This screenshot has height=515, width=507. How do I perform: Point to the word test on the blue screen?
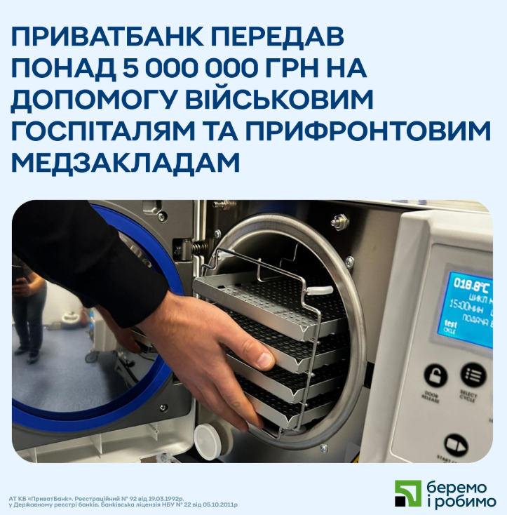coord(450,323)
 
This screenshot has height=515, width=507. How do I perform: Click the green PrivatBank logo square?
coord(407,494)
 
